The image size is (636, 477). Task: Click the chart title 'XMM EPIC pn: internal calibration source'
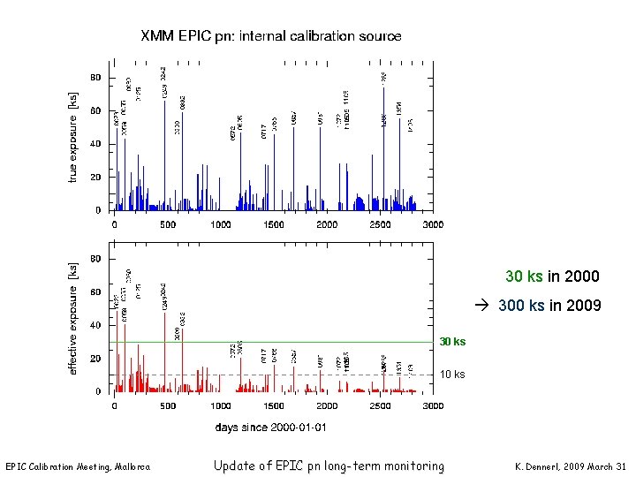click(x=270, y=37)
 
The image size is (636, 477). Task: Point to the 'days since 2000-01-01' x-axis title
click(x=271, y=427)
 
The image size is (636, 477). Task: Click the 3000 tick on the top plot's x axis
click(x=432, y=225)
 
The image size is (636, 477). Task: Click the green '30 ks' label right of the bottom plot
click(x=452, y=342)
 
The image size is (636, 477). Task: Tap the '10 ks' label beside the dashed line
click(x=452, y=375)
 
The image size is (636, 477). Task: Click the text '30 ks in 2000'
click(x=552, y=277)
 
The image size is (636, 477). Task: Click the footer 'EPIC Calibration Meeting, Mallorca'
click(x=78, y=466)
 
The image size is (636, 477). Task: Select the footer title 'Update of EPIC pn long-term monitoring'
click(x=329, y=466)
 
